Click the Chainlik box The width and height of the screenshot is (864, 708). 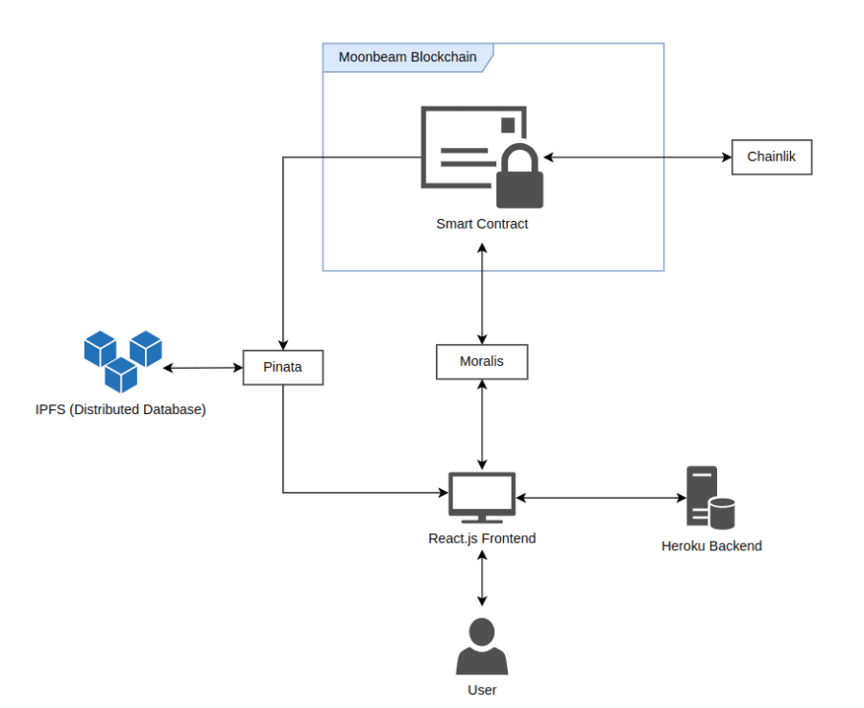point(772,157)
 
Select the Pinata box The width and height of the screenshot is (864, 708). point(282,367)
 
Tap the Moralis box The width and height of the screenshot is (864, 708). point(482,361)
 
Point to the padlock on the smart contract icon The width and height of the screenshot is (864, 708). point(519,178)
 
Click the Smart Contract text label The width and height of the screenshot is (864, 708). point(482,224)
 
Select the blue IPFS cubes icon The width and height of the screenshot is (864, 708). point(122,360)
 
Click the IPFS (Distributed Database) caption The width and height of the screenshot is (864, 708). point(121,410)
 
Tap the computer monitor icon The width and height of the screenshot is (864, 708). point(482,497)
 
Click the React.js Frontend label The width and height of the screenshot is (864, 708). point(482,539)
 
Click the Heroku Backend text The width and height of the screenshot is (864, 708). point(711,547)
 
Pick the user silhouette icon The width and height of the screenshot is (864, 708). point(481,647)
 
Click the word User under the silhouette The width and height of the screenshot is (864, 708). point(482,690)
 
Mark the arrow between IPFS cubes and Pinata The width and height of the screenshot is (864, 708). point(203,368)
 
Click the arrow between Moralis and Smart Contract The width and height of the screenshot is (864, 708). point(482,292)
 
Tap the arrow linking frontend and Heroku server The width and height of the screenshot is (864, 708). point(601,498)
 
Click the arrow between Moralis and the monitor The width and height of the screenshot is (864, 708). point(482,424)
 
